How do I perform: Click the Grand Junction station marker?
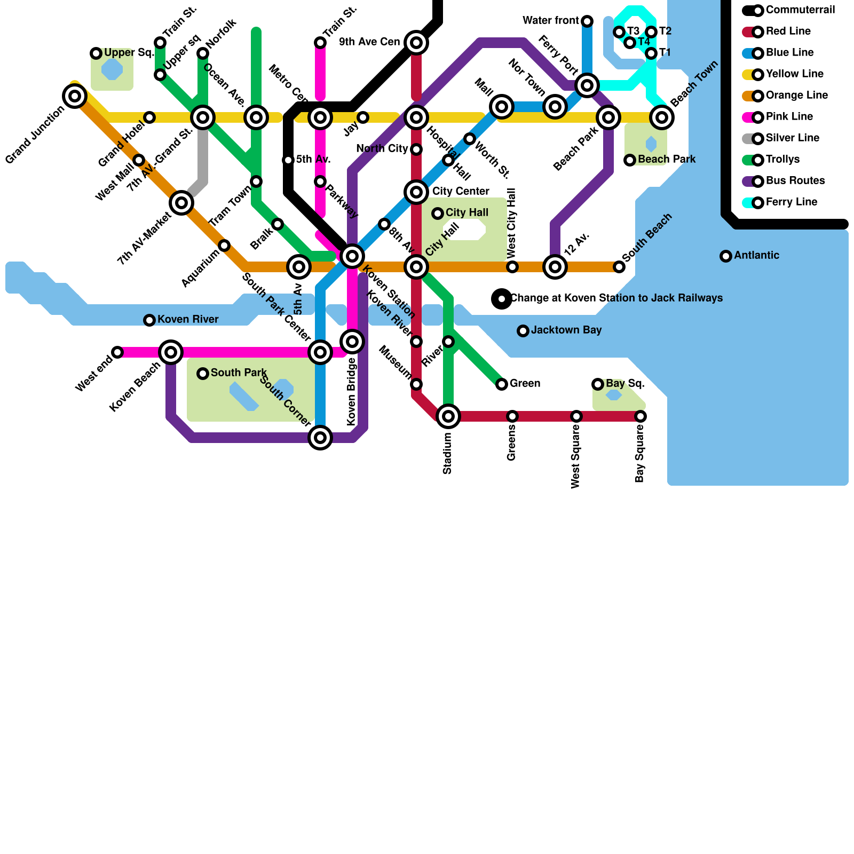point(75,96)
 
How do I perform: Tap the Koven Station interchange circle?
point(352,256)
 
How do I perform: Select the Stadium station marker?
point(448,416)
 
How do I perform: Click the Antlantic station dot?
point(726,256)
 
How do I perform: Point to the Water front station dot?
point(587,21)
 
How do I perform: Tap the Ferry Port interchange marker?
point(587,85)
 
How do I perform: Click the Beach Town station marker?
point(662,117)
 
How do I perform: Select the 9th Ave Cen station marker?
point(416,43)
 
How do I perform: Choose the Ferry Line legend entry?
point(785,202)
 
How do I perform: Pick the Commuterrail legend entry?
point(790,10)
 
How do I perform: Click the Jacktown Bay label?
point(566,330)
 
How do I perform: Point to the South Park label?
point(239,373)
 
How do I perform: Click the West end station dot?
point(117,352)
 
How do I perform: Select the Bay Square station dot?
point(640,416)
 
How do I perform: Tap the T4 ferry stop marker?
point(630,43)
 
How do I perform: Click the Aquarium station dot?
point(224,246)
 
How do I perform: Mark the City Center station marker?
point(416,192)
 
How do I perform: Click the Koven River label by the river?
point(187,320)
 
